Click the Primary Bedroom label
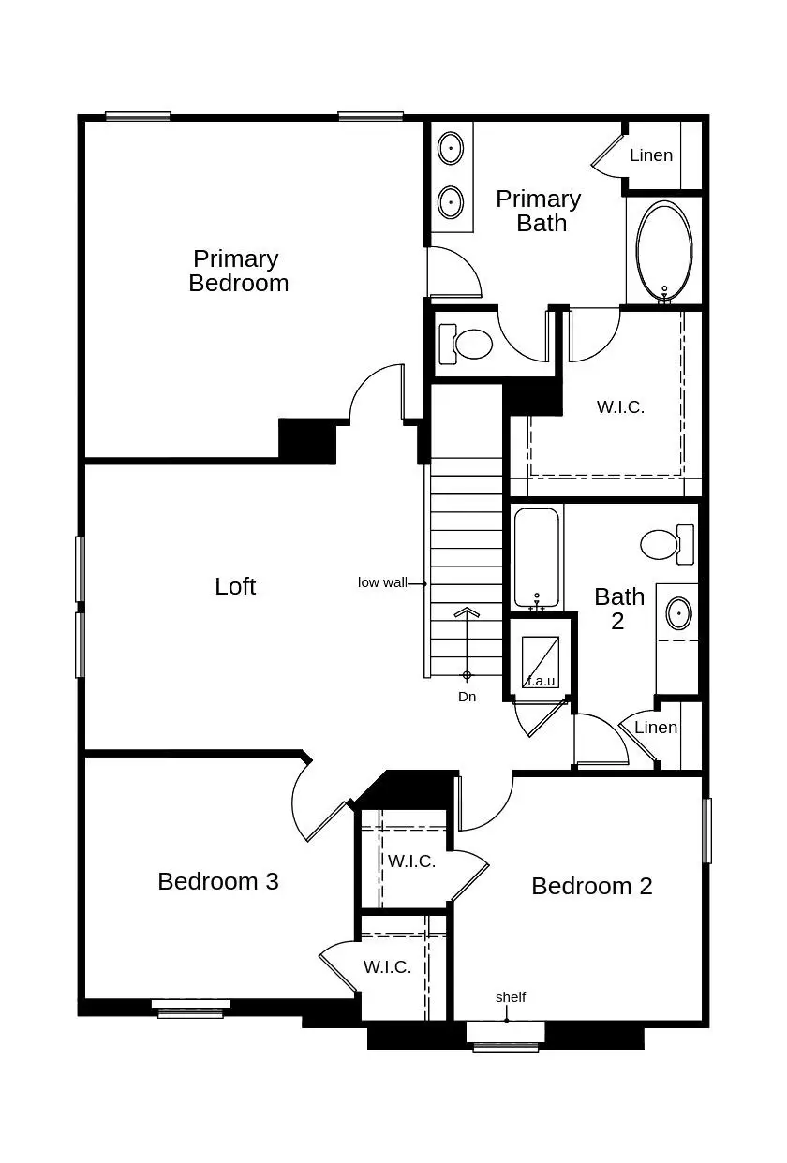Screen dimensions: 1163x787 pos(238,271)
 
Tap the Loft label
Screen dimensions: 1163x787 pos(235,586)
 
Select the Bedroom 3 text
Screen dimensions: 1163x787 pos(217,881)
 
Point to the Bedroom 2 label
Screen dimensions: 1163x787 pos(591,886)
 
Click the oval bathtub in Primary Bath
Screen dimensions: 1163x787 pos(664,248)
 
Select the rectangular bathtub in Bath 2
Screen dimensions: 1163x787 pos(537,558)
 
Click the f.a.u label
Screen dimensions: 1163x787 pos(542,681)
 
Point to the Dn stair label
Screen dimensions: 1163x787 pos(467,697)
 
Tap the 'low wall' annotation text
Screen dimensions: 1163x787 pos(382,582)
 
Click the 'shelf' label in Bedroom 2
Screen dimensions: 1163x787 pos(511,997)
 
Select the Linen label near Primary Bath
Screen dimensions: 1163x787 pos(650,155)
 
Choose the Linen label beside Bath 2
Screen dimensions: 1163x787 pos(655,728)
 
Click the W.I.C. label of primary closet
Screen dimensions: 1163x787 pos(620,407)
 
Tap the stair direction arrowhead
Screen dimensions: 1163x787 pos(467,613)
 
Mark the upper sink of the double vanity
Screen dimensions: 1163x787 pos(452,148)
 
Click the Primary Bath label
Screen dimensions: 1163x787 pos(539,211)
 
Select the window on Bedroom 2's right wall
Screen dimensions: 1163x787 pos(707,830)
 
